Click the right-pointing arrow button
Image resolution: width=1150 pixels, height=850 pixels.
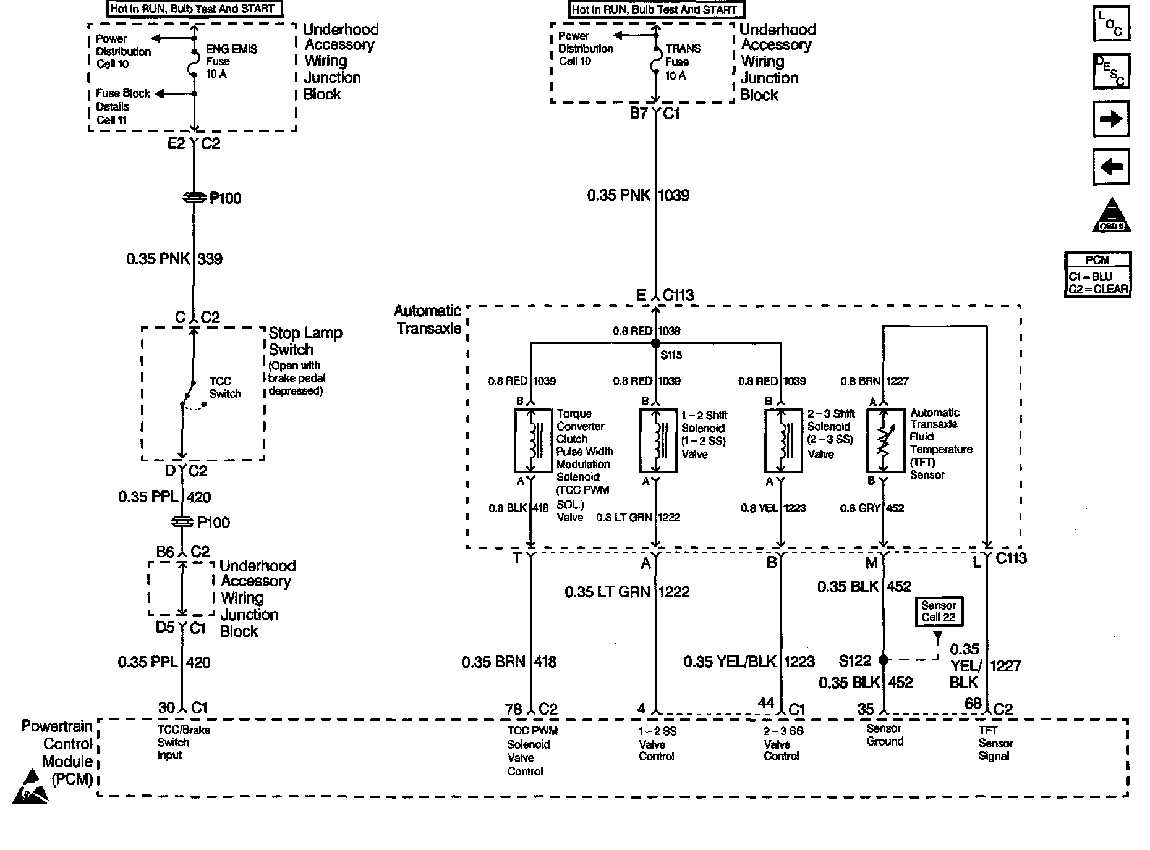coord(1111,119)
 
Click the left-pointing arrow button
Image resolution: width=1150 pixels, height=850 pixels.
coord(1111,167)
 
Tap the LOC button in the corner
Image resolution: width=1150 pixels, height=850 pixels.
coord(1111,24)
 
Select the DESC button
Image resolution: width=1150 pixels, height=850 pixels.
coord(1111,71)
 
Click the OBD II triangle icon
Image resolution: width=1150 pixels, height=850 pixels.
coord(1112,216)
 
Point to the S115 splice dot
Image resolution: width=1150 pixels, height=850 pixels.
coord(656,343)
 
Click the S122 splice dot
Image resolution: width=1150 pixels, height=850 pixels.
coord(884,660)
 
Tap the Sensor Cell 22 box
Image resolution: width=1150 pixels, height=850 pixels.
coord(939,612)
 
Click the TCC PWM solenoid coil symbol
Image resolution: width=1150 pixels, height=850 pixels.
coord(533,440)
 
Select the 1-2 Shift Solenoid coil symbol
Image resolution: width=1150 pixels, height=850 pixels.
coord(658,440)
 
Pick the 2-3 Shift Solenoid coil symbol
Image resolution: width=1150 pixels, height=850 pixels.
coord(783,440)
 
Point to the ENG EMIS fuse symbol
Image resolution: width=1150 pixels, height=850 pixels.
coord(194,62)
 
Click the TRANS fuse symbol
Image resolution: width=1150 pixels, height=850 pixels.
coord(656,61)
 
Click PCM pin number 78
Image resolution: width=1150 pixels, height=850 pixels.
coord(514,709)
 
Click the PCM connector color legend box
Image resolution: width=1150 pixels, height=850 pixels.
coord(1097,275)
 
